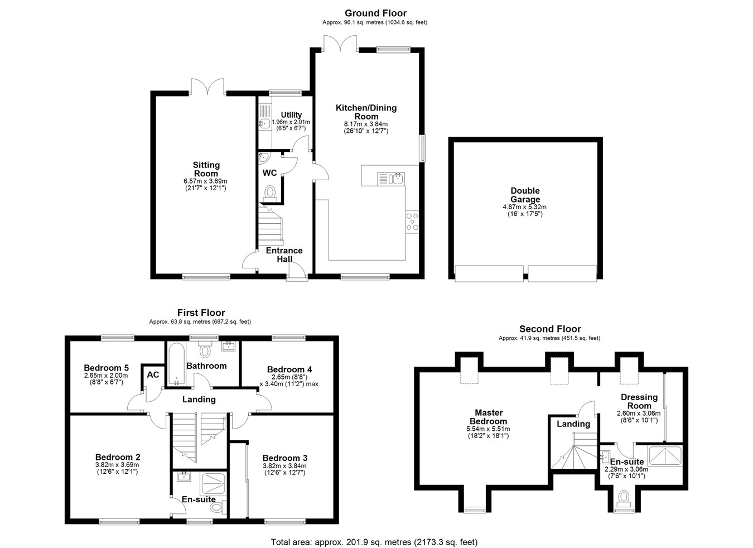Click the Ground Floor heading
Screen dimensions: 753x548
tap(375, 13)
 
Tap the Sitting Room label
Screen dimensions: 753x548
tap(206, 169)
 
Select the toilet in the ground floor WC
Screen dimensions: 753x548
tap(269, 194)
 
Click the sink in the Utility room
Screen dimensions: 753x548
tap(264, 123)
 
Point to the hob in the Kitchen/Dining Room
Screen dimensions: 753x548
tap(412, 222)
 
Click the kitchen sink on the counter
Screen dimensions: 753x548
tap(391, 179)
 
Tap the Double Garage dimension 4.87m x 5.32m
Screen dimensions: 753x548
tap(525, 207)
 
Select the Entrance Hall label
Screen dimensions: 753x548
tap(284, 254)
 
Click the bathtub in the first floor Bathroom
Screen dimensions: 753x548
tap(176, 364)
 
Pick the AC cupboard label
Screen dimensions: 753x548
tap(153, 374)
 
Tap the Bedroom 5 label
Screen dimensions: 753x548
tap(106, 368)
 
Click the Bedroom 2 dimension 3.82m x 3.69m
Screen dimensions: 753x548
tap(117, 464)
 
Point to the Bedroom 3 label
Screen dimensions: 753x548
tap(284, 458)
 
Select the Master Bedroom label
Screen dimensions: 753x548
tap(489, 417)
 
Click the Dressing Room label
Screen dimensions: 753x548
tap(639, 401)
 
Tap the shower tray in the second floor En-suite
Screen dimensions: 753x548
tap(665, 456)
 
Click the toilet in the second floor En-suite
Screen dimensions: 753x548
tap(624, 498)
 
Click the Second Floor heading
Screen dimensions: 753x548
tap(550, 329)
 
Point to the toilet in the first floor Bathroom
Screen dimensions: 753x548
tap(204, 350)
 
